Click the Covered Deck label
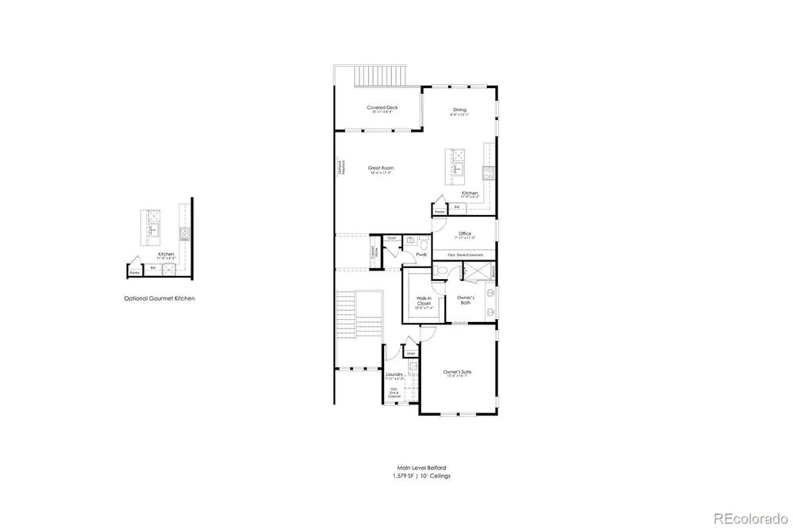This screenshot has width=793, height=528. tap(382, 107)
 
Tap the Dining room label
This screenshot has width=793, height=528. tap(460, 110)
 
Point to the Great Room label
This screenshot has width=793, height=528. tap(381, 168)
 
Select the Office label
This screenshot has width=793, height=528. tap(465, 233)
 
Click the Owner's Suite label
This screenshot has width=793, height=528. tap(457, 372)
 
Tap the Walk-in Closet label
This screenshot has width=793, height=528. tap(424, 301)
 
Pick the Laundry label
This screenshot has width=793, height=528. tap(395, 374)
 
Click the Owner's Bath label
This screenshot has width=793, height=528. tap(465, 300)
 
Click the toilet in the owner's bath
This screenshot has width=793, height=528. tap(441, 270)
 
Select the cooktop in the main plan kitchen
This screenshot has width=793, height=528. tap(488, 172)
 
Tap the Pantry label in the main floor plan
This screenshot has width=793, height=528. tap(440, 212)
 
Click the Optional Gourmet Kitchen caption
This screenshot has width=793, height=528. tap(159, 298)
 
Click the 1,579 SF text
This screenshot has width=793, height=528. tap(403, 476)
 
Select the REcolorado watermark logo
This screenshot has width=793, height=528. tap(751, 518)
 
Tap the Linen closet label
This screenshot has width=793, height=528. tap(411, 354)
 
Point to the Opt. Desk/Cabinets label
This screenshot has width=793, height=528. tap(465, 255)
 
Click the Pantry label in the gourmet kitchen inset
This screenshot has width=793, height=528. tap(135, 273)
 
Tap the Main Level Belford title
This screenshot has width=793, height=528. tap(421, 468)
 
